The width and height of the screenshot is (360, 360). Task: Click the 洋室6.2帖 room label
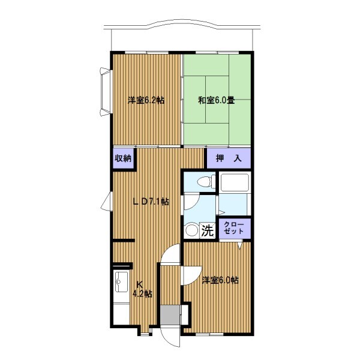(146, 100)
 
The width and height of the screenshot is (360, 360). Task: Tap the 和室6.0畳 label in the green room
(217, 100)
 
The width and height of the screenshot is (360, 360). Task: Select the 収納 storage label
(123, 158)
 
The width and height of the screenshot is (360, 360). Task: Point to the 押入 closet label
(229, 158)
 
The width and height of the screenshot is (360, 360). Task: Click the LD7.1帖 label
(151, 202)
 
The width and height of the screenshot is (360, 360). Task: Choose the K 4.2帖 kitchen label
(142, 289)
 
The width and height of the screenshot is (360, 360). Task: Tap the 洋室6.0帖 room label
(220, 280)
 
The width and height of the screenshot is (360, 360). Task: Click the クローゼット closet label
(234, 228)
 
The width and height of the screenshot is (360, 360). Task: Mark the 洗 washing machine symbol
(208, 231)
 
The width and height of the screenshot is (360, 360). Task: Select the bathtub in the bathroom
(235, 182)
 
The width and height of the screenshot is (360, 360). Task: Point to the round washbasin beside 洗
(191, 230)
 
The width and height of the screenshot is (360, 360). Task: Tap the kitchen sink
(121, 282)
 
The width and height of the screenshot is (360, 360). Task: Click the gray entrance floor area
(170, 315)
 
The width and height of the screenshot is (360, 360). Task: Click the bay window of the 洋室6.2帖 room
(106, 91)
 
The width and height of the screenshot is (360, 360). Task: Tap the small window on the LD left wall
(107, 201)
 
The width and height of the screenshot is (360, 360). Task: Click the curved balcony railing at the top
(182, 25)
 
